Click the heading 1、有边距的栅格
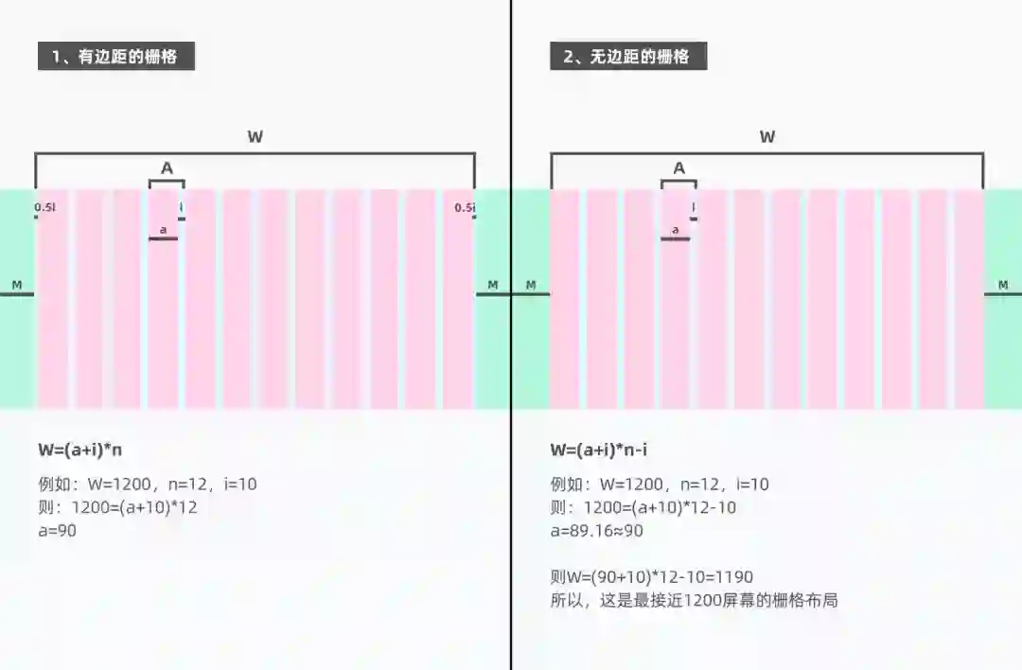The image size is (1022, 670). pos(115,56)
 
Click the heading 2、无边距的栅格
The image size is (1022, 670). pos(627,56)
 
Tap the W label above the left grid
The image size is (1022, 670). pos(255,137)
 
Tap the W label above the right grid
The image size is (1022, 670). pos(767,137)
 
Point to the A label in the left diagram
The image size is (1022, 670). pos(167,168)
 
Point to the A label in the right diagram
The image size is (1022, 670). pos(678,168)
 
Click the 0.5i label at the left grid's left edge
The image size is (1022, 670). pos(44,207)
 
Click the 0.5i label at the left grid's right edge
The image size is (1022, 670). pos(464,207)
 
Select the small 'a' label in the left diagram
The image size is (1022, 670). pos(163,229)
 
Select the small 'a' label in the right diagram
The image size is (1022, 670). pos(675,229)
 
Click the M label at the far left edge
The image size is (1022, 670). pos(16,285)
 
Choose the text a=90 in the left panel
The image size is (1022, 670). pos(57,531)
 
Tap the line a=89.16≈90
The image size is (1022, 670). pos(596,531)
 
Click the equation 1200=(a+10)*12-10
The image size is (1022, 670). pos(654,508)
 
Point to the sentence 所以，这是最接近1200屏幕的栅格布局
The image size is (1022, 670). pos(694,600)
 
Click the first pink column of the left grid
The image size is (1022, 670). pos(53,299)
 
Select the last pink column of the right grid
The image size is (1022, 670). pos(969,299)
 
